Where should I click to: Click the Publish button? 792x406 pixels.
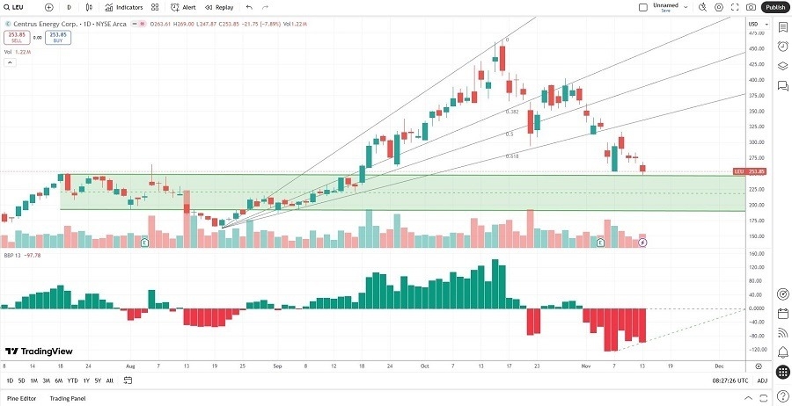point(774,7)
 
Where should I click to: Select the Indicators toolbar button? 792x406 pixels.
point(124,7)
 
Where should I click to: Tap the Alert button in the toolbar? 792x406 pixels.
point(183,7)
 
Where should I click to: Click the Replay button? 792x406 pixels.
point(220,7)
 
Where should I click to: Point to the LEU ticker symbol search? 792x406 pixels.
point(18,7)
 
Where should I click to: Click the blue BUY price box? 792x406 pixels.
point(58,38)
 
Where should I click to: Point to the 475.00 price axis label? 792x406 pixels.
point(755,33)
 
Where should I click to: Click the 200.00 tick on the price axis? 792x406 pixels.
point(755,205)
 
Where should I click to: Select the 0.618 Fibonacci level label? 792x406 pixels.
point(511,156)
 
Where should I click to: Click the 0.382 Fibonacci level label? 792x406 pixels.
point(511,112)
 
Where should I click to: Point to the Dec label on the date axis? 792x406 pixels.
point(718,365)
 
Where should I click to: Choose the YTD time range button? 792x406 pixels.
point(72,381)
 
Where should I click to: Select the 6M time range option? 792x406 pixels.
point(58,381)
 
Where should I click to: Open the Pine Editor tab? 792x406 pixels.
point(22,399)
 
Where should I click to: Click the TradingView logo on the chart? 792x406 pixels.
point(39,351)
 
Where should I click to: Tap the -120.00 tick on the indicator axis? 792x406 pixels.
point(755,350)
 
